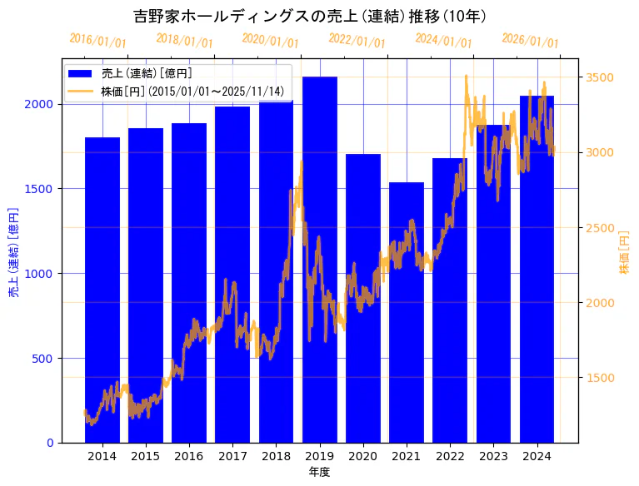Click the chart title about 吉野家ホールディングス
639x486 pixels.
(310, 17)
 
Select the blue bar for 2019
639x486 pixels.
(319, 258)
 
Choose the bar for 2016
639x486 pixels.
(189, 283)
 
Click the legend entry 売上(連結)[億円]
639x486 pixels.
(146, 74)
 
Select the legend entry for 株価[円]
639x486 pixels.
(192, 91)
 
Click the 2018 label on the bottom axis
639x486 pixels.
(276, 456)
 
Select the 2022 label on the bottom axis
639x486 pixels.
(450, 456)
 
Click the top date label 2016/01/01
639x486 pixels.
(97, 41)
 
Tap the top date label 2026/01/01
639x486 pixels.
(531, 41)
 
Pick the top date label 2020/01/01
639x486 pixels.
(270, 41)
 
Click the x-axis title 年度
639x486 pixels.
(319, 472)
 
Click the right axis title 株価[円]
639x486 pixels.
(625, 252)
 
